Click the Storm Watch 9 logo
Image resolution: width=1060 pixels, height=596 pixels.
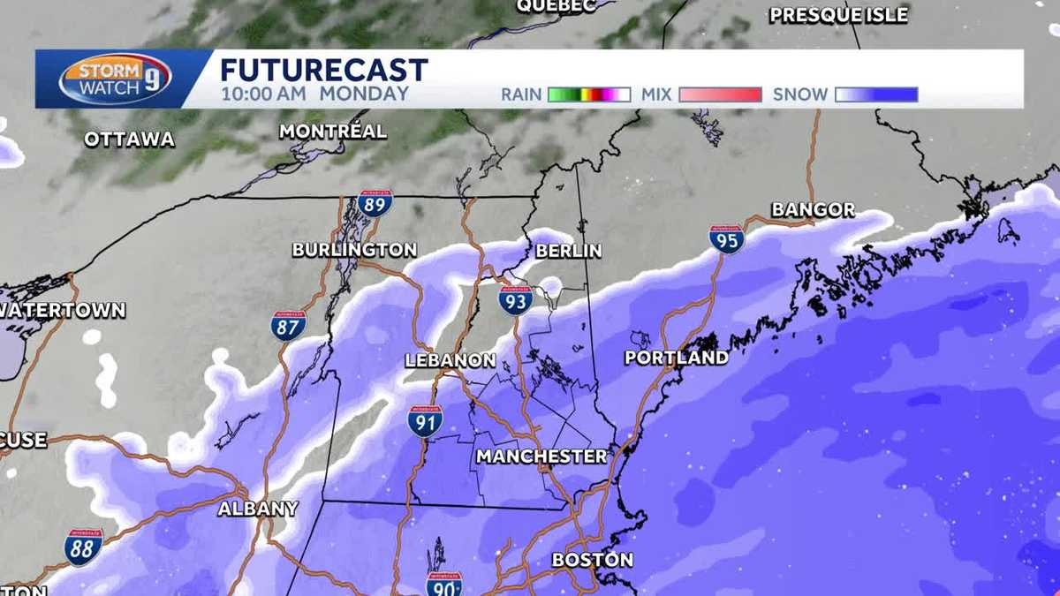(x=115, y=79)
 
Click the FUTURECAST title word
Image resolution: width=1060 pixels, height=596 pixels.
(x=323, y=70)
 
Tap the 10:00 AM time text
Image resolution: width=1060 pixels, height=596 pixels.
(x=264, y=94)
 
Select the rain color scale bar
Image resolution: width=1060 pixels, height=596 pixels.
(x=588, y=94)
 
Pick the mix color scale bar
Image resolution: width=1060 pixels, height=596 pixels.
(x=720, y=94)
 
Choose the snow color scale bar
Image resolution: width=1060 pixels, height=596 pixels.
(x=876, y=94)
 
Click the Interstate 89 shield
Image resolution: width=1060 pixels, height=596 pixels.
(x=375, y=203)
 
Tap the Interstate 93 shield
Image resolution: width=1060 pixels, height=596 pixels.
(x=515, y=300)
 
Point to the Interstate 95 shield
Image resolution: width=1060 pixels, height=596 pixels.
(x=726, y=238)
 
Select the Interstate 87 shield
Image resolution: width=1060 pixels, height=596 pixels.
(x=288, y=325)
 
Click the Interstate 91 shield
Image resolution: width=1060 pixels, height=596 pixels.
(x=425, y=421)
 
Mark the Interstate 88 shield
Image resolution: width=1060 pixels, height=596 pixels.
(x=83, y=547)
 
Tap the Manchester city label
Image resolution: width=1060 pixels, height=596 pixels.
(x=541, y=456)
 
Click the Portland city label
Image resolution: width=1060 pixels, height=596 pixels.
(x=677, y=358)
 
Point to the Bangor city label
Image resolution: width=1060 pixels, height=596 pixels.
(x=813, y=210)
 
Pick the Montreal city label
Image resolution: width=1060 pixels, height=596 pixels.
(x=332, y=132)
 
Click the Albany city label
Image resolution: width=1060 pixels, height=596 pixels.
(x=258, y=509)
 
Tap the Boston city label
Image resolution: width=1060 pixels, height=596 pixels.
(x=592, y=560)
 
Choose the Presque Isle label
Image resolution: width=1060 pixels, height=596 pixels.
(x=838, y=15)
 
